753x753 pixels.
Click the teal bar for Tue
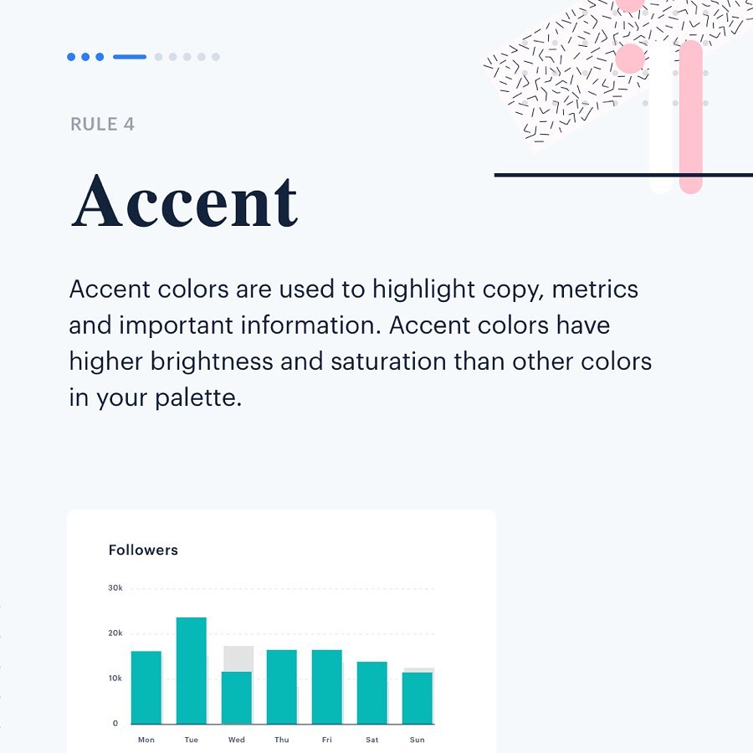point(191,670)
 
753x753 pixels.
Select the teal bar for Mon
point(146,687)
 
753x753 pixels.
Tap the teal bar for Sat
point(371,693)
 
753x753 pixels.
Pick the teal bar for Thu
point(281,687)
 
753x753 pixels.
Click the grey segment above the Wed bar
point(238,658)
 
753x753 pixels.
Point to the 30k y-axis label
point(115,588)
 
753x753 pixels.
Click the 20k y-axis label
point(115,633)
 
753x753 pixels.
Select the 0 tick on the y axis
point(115,723)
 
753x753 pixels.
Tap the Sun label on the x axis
point(417,740)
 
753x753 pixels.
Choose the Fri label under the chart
point(326,740)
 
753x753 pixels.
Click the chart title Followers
point(143,550)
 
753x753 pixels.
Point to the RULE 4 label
point(102,124)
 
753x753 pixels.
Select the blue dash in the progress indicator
point(130,57)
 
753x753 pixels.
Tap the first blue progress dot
point(71,57)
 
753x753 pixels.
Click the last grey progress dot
point(216,57)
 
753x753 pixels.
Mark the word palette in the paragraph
point(198,397)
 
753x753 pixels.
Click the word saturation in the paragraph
point(388,361)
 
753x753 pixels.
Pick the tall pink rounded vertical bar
point(691,117)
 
